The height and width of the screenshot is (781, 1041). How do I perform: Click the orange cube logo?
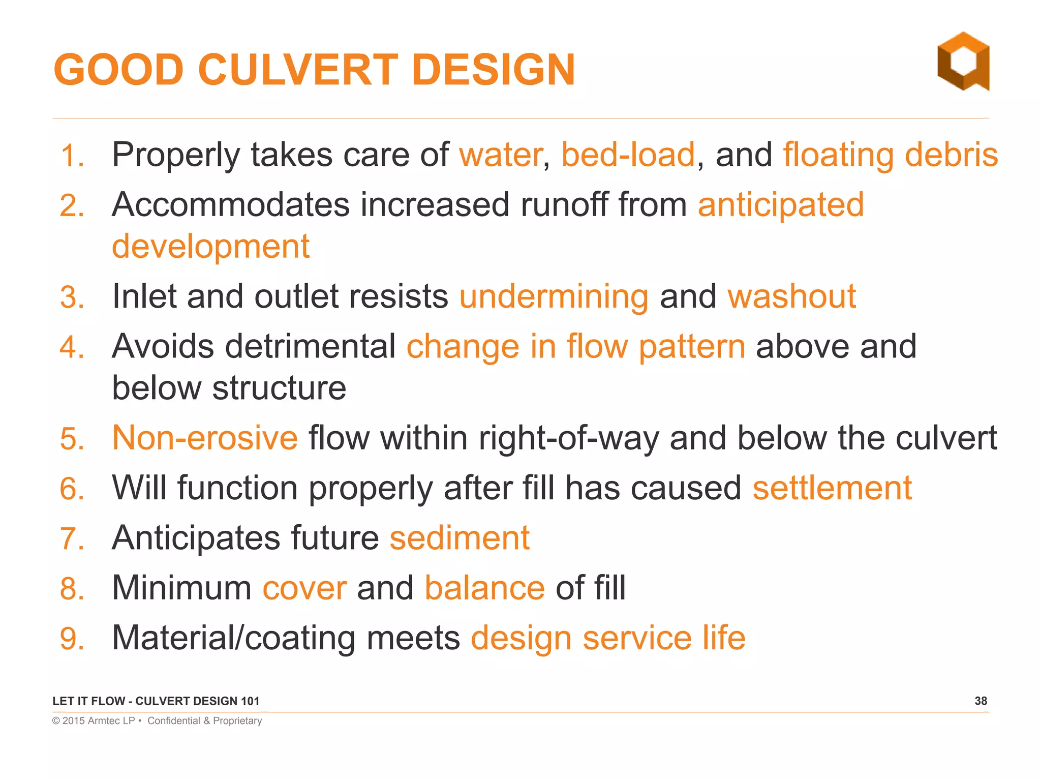963,62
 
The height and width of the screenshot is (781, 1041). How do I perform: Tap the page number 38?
981,701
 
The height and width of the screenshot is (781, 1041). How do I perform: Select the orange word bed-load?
628,155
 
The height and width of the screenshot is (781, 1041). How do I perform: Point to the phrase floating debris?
890,155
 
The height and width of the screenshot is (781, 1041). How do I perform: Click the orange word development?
210,247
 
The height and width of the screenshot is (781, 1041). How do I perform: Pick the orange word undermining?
554,296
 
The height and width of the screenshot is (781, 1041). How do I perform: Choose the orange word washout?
791,296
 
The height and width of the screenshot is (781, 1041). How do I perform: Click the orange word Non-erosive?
205,438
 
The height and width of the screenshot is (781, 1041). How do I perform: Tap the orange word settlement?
832,488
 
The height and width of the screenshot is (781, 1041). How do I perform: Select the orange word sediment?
460,538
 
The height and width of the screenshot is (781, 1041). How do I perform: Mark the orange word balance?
485,588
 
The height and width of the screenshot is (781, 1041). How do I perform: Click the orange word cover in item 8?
304,588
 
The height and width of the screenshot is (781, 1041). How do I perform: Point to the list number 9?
71,639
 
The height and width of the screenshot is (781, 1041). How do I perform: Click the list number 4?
71,348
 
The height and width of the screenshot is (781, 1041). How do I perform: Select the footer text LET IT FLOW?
88,701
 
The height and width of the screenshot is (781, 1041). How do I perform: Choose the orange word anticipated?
781,205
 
